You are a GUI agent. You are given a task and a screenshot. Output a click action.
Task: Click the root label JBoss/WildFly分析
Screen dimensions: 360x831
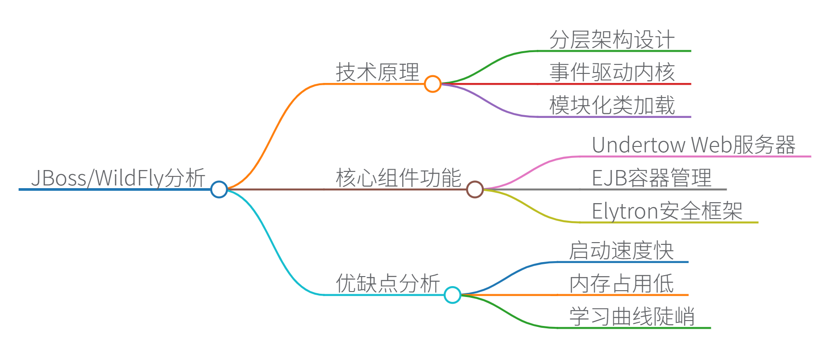118,178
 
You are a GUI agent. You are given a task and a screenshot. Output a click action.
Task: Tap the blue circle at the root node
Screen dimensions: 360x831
219,189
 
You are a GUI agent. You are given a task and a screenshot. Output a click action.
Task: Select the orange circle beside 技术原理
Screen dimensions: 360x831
433,84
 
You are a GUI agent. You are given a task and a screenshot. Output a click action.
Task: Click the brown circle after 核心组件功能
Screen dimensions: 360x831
475,189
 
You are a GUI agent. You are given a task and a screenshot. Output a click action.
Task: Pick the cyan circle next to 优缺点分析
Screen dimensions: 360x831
452,295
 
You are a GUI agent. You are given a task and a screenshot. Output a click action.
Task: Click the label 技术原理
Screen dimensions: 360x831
377,73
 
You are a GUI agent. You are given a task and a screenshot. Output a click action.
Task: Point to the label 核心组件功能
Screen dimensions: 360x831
398,178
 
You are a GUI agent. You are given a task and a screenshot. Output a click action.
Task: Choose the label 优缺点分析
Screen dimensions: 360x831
388,283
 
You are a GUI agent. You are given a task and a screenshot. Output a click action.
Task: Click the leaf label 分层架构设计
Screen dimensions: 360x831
612,40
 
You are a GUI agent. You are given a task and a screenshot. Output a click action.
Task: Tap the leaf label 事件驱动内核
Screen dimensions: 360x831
612,73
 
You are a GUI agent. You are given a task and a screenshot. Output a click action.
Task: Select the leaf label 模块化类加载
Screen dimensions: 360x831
612,106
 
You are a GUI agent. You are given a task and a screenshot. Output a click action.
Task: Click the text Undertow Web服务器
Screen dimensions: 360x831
694,145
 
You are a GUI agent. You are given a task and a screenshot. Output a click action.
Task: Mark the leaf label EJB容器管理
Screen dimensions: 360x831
651,178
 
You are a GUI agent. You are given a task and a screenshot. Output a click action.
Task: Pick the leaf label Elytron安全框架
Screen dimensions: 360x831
667,211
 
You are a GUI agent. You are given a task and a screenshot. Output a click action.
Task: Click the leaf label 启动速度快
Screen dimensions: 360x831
621,251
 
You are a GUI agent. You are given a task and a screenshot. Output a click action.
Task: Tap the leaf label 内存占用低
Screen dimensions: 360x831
621,284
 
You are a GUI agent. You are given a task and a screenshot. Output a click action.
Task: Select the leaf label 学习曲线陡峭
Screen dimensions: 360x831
632,316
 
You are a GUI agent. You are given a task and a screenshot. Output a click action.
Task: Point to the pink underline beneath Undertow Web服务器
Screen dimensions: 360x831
725,156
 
